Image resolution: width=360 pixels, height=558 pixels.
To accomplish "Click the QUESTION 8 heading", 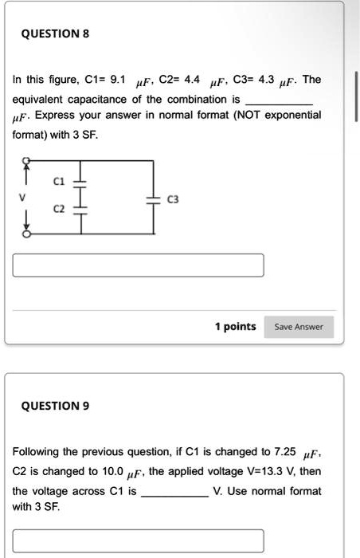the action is pyautogui.click(x=56, y=33).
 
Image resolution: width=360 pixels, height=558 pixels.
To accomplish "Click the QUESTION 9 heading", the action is pyautogui.click(x=56, y=405).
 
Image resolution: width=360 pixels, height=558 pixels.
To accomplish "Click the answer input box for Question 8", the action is pyautogui.click(x=139, y=265).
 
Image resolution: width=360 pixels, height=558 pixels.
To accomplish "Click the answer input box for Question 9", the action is pyautogui.click(x=139, y=541).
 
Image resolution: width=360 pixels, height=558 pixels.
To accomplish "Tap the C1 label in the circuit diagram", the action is pyautogui.click(x=57, y=182).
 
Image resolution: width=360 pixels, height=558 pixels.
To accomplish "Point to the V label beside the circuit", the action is pyautogui.click(x=24, y=196).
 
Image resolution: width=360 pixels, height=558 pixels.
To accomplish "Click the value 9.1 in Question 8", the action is pyautogui.click(x=117, y=80).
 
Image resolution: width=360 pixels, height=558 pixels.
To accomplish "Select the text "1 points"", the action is pyautogui.click(x=235, y=326).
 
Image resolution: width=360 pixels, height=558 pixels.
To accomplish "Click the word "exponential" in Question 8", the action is pyautogui.click(x=292, y=115).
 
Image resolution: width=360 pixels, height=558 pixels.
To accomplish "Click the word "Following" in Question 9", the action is pyautogui.click(x=39, y=451).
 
